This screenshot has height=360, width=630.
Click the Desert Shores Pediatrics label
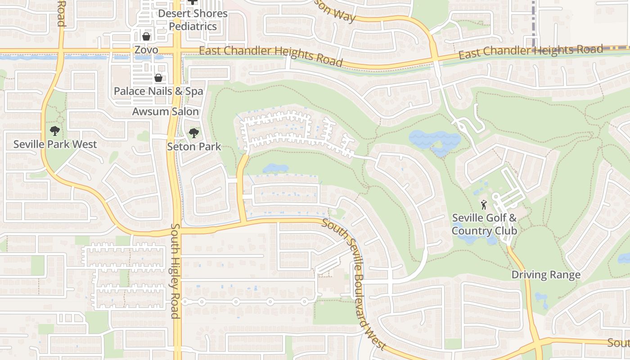193,20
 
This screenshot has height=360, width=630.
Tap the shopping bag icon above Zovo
146,36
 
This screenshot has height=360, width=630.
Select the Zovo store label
146,49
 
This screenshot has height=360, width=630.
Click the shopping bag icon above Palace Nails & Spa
158,78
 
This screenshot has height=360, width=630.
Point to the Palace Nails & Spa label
158,91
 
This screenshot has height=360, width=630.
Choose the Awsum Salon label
166,111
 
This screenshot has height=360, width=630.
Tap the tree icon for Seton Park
194,133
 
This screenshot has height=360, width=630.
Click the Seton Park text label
194,146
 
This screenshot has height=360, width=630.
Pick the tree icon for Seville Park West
55,131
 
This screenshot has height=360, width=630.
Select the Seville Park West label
55,144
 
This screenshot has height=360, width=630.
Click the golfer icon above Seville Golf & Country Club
484,205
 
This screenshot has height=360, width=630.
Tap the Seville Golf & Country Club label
484,224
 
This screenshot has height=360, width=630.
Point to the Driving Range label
546,274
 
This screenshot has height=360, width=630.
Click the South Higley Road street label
175,271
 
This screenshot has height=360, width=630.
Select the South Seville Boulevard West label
354,285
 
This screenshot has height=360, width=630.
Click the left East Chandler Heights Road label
271,56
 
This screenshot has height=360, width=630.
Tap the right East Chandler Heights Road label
531,52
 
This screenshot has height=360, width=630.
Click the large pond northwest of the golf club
433,140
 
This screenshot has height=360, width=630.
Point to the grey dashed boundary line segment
533,22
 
